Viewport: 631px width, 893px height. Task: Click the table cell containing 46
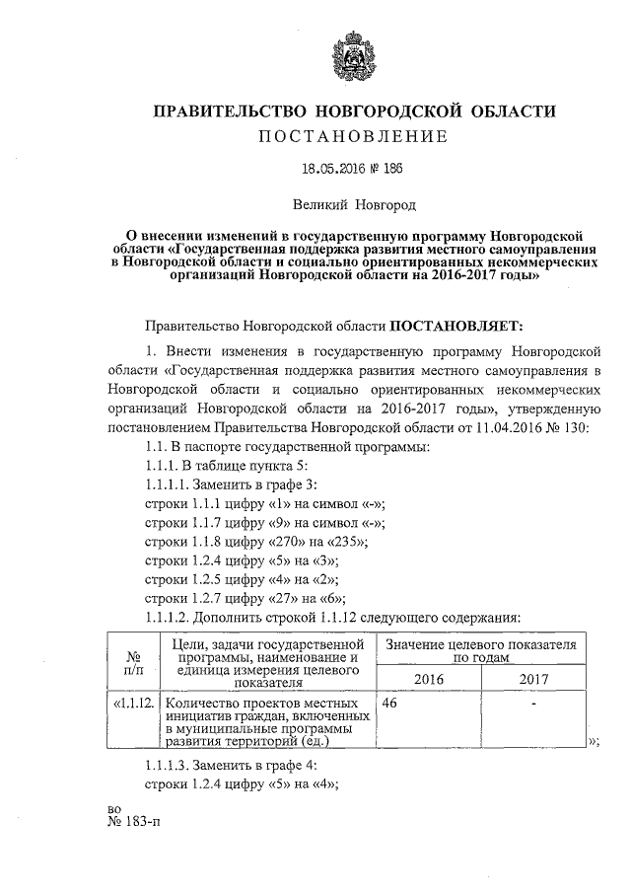pyautogui.click(x=390, y=704)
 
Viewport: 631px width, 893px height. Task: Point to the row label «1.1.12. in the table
pyautogui.click(x=132, y=704)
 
